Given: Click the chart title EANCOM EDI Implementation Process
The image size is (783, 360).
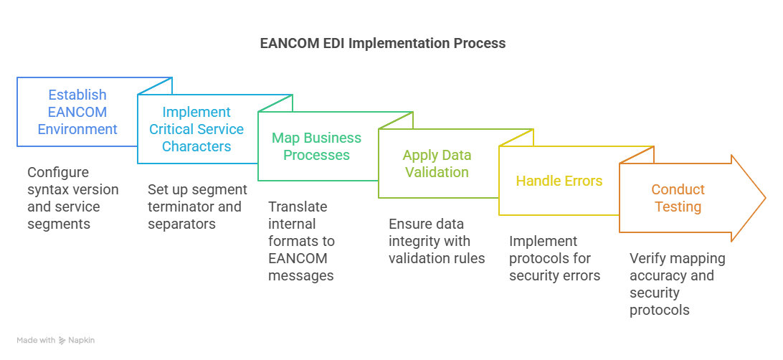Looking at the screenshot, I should (x=382, y=43).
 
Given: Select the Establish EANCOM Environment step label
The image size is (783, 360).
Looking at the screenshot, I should (x=77, y=112).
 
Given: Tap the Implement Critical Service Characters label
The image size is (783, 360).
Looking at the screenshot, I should (x=196, y=129).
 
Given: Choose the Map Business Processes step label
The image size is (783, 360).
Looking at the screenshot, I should (x=316, y=146).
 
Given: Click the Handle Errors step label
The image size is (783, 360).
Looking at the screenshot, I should (x=559, y=181).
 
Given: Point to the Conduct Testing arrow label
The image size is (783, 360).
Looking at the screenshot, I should (x=678, y=199).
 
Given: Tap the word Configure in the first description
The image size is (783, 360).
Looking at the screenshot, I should (x=57, y=172).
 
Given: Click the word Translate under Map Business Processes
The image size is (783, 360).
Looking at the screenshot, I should (x=298, y=207).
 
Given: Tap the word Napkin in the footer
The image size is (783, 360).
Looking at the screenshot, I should (x=82, y=340).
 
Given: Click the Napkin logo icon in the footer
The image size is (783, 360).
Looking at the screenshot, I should (x=62, y=340).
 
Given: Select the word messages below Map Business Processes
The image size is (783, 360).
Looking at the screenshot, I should (x=301, y=275).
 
